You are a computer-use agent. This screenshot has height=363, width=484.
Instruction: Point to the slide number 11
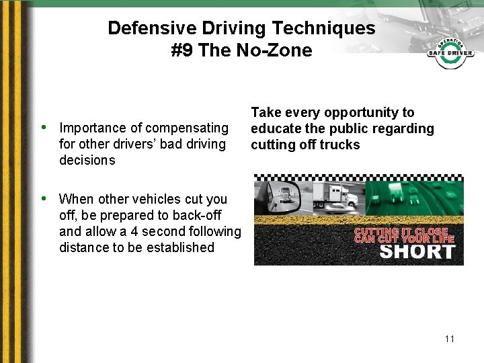(x=449, y=339)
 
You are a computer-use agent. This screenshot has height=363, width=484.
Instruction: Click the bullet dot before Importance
(x=44, y=127)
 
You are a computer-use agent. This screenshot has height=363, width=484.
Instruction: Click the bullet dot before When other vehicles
(x=44, y=198)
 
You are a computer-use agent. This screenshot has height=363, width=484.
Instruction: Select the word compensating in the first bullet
(x=186, y=128)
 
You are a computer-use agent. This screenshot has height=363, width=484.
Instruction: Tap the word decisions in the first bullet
(x=87, y=160)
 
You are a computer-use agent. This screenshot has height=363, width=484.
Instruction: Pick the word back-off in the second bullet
(x=199, y=215)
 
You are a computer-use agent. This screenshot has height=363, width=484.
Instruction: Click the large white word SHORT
(x=417, y=252)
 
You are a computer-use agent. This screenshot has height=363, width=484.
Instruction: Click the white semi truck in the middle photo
(x=336, y=196)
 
